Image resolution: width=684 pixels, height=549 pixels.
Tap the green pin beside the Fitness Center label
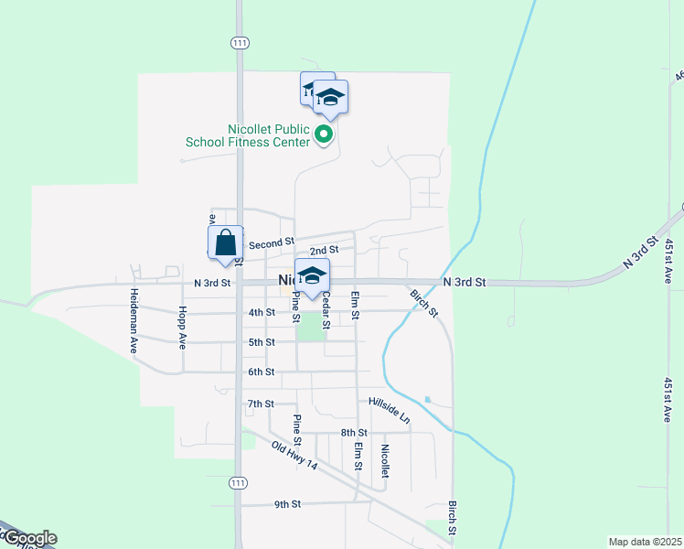click(x=324, y=135)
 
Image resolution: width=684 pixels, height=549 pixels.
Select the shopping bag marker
click(x=226, y=244)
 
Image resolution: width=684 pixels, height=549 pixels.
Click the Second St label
click(x=271, y=243)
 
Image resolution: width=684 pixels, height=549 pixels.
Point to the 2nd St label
click(x=324, y=250)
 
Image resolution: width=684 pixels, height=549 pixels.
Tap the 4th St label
click(x=262, y=313)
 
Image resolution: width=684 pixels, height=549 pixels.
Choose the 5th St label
click(x=262, y=342)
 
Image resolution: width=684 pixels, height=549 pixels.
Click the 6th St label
click(x=262, y=371)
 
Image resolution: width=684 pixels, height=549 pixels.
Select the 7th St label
click(x=261, y=404)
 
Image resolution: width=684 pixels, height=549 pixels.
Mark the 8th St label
click(x=353, y=433)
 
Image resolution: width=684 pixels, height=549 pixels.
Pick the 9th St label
click(x=287, y=504)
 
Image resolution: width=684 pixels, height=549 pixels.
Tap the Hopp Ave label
click(x=183, y=328)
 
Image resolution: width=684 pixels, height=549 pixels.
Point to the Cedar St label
click(x=326, y=311)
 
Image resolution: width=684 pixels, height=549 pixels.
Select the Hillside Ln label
click(x=390, y=409)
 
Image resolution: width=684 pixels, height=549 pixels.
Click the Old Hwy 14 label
click(x=294, y=455)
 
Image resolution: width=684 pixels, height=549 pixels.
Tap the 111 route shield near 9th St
click(x=238, y=482)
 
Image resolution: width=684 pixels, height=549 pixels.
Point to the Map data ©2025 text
click(x=644, y=542)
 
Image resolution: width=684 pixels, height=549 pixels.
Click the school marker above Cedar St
click(x=312, y=276)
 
